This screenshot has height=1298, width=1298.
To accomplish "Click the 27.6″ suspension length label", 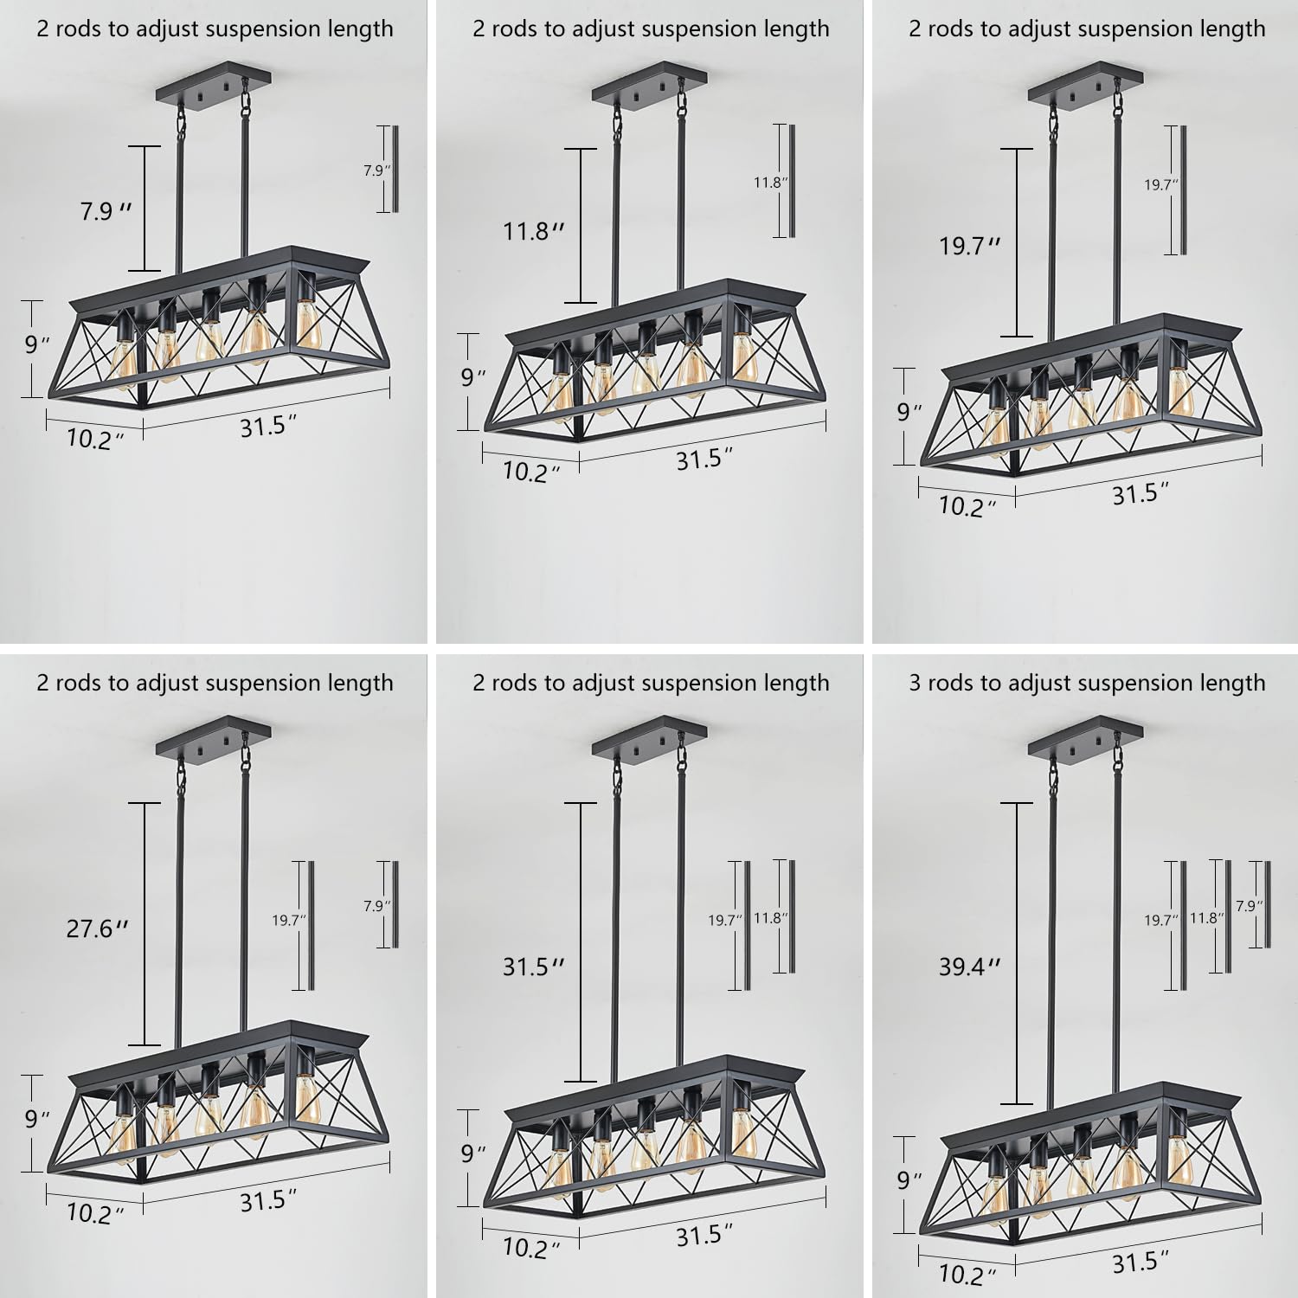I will click(x=97, y=929).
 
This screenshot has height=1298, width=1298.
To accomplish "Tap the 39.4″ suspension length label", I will click(x=969, y=966).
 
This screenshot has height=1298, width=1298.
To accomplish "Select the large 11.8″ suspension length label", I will click(x=533, y=231).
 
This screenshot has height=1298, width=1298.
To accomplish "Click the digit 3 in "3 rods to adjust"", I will click(x=915, y=683).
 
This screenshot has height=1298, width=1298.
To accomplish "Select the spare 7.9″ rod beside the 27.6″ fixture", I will click(x=395, y=904).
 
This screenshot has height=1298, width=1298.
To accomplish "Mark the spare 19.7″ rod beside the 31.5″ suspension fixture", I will click(x=746, y=925).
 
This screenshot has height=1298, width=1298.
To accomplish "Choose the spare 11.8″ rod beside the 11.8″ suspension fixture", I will click(x=789, y=181).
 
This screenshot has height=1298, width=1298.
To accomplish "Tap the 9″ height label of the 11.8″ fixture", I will click(x=472, y=377).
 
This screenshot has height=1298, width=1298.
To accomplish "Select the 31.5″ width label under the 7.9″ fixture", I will click(x=268, y=426).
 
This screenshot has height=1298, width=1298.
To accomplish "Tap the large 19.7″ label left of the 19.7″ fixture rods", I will click(x=969, y=246).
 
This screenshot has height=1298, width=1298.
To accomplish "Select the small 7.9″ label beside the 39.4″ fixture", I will click(x=1248, y=905).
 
